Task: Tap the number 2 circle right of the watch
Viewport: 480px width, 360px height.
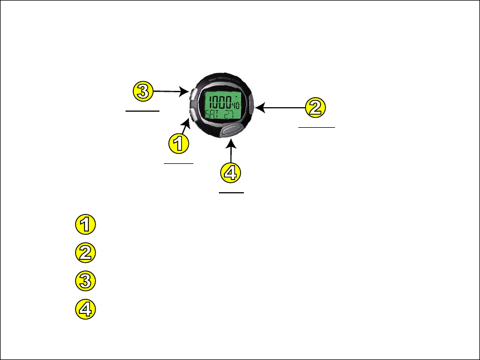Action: (315, 107)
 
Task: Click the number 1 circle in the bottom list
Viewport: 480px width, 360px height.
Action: (85, 225)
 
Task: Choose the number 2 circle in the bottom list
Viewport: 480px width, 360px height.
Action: (85, 253)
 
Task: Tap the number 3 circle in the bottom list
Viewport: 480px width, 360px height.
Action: (85, 281)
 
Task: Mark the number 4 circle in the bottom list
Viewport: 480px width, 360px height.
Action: (85, 309)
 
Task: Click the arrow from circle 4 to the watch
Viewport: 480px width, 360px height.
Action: (231, 152)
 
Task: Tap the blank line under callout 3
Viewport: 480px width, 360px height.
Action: (143, 111)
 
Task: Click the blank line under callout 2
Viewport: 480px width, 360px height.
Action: (317, 127)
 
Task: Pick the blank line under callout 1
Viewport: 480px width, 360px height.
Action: (178, 164)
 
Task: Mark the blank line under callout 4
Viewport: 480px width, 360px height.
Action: (231, 193)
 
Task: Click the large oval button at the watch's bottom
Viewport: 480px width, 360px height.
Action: (230, 131)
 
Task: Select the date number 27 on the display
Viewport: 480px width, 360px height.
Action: (230, 117)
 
